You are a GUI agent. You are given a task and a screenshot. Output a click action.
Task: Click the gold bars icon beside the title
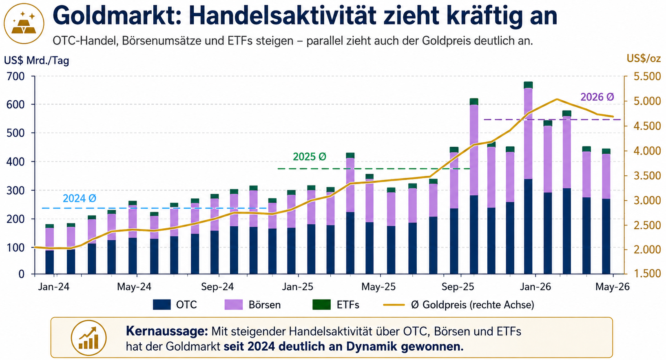(x=24, y=24)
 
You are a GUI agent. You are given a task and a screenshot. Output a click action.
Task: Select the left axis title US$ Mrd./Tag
(x=36, y=61)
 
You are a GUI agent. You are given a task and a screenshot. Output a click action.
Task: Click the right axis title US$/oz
(x=644, y=58)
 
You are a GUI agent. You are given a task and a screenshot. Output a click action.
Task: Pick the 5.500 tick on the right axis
(x=647, y=76)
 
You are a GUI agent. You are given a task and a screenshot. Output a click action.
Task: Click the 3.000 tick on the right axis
(x=647, y=200)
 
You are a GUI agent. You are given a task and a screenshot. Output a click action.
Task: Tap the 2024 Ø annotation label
(x=80, y=198)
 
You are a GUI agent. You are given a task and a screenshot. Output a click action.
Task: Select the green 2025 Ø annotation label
(x=310, y=157)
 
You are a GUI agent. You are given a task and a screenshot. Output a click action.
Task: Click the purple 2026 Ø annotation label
(x=597, y=97)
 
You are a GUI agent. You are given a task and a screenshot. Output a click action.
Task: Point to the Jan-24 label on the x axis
(x=54, y=287)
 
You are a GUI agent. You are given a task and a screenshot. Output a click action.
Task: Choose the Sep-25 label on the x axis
(x=458, y=287)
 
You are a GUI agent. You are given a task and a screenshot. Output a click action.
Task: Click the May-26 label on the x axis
(x=613, y=287)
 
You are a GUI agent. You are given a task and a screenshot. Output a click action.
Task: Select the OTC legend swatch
(x=162, y=305)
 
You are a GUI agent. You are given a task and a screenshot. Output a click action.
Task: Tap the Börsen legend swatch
(x=234, y=305)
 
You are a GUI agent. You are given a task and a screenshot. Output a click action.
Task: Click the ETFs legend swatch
(x=322, y=305)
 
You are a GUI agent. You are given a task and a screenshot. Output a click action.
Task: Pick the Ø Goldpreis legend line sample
(x=394, y=305)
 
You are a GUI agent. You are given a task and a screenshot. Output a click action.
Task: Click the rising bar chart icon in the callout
(x=89, y=338)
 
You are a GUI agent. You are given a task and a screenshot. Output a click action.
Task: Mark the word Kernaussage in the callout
(x=167, y=331)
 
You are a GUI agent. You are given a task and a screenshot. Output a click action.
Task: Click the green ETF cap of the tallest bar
(x=528, y=85)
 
